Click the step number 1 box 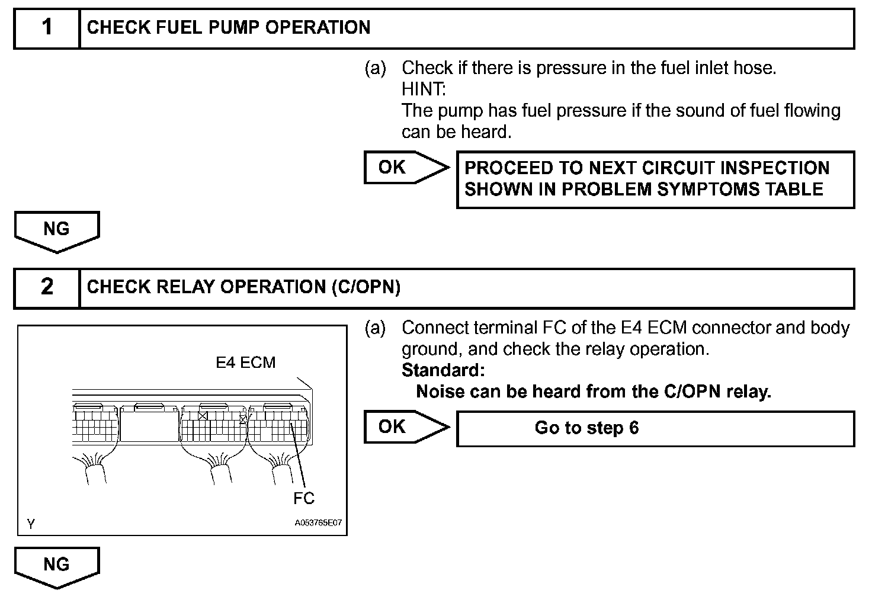pos(47,28)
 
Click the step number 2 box pos(47,287)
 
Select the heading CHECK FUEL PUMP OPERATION pos(229,28)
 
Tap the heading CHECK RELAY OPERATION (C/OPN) pos(243,287)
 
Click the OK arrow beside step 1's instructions pos(405,168)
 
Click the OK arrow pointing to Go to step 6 pos(405,427)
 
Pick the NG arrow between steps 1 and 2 pos(56,230)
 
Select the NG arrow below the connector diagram pos(56,566)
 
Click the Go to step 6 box pos(655,428)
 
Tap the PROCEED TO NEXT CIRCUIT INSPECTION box pos(655,179)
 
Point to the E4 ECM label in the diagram pos(245,363)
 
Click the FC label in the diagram pos(304,499)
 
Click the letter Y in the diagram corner pos(31,524)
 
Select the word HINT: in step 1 pos(424,89)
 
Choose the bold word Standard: pos(443,371)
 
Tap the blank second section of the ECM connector pos(149,425)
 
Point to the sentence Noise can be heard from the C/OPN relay pos(594,392)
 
